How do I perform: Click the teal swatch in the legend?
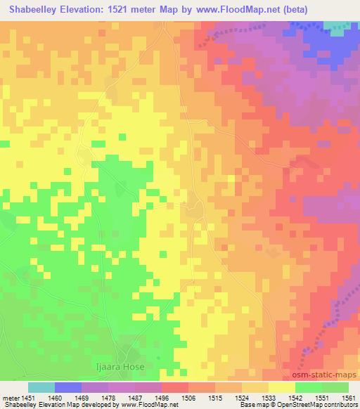(41, 387)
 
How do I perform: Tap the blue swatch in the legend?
(68, 387)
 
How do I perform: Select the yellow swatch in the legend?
(282, 387)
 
